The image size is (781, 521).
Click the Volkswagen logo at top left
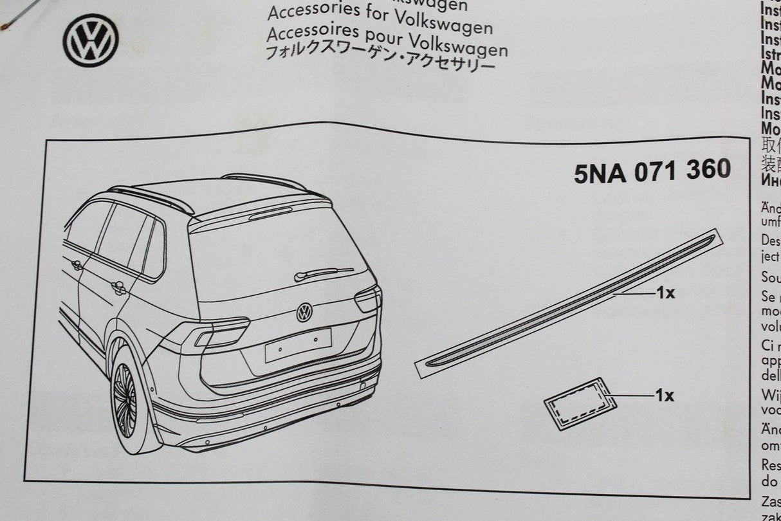tap(91, 40)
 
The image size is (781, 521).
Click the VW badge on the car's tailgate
tap(304, 313)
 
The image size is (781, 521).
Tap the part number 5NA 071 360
tap(652, 171)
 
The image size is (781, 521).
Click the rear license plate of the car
tap(298, 345)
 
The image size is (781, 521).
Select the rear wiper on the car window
tap(323, 273)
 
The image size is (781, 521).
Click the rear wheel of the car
tap(126, 400)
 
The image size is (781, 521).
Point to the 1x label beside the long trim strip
tap(665, 293)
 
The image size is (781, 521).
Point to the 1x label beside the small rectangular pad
tap(665, 396)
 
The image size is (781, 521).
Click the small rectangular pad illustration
tap(580, 403)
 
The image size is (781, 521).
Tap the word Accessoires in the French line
tap(305, 32)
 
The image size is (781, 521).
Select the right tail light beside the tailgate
tap(368, 298)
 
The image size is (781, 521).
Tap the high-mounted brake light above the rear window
tap(270, 214)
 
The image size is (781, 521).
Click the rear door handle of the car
tap(118, 288)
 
